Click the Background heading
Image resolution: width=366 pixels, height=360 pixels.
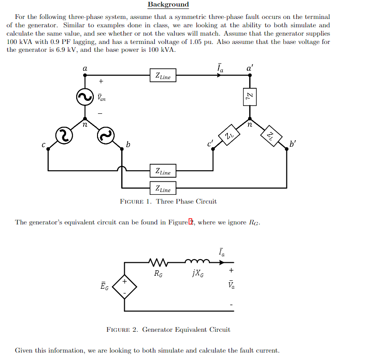[x=168, y=5]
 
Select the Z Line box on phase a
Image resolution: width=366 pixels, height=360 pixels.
[x=163, y=75]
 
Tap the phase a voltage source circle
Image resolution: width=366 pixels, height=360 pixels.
[x=85, y=97]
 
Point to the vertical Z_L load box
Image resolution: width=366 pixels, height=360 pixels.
[x=249, y=97]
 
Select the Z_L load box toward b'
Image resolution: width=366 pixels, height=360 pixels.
[x=270, y=135]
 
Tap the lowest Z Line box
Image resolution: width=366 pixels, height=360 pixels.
[x=163, y=188]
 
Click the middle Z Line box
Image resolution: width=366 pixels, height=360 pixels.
[x=163, y=171]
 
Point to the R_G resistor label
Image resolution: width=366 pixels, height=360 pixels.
[x=159, y=273]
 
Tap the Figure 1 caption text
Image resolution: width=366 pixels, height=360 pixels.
[x=168, y=201]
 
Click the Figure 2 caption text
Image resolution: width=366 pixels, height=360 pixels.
[x=168, y=329]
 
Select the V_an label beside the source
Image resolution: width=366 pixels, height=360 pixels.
[x=101, y=97]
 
